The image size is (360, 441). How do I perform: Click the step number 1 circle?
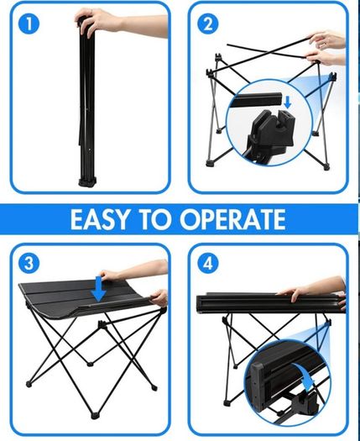coord(29,24)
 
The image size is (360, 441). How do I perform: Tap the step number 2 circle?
coord(207,24)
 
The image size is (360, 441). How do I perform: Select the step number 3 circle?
coord(29,263)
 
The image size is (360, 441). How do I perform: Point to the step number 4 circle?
coord(207,263)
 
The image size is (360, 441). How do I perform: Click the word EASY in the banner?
coord(100,219)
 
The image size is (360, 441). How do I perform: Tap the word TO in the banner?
coord(155,219)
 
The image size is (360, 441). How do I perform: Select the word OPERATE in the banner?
coord(233,219)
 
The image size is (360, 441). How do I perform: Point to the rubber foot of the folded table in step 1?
coord(87,181)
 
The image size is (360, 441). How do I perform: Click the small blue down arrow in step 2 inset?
coord(288,102)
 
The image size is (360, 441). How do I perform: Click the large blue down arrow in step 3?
coord(99,289)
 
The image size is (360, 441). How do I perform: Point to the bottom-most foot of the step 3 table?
coord(95,415)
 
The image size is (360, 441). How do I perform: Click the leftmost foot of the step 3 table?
coord(29,384)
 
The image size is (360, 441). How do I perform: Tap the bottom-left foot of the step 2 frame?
coord(210,164)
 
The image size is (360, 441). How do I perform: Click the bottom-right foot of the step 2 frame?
coord(326,167)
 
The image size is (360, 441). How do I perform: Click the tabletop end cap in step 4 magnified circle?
coord(258,386)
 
